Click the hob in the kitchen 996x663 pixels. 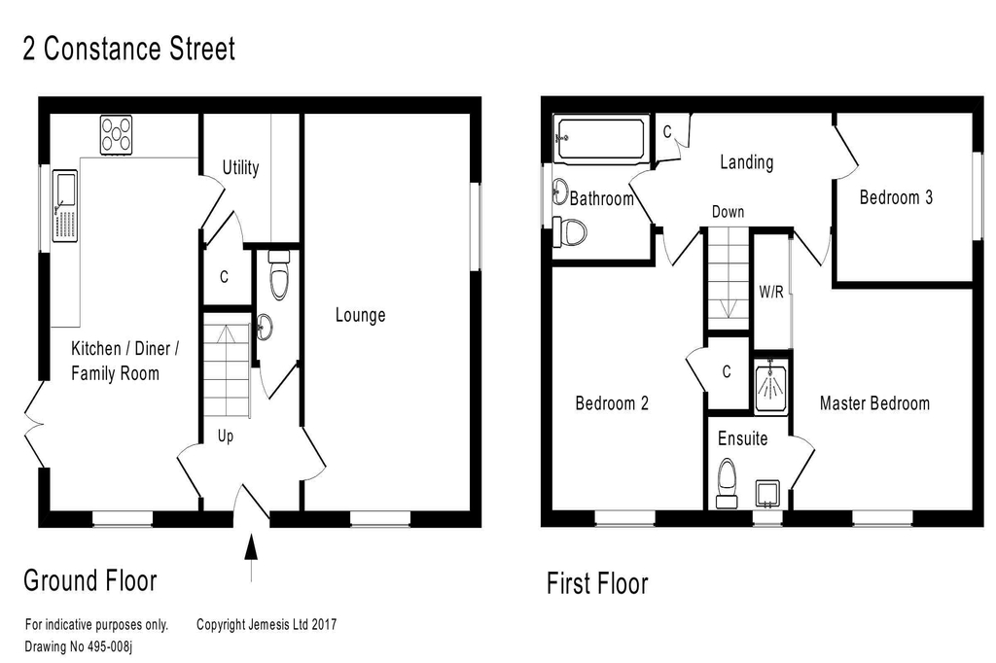tap(117, 134)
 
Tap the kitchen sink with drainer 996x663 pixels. tap(64, 206)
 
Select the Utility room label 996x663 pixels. tap(241, 167)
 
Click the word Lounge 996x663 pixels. tap(360, 315)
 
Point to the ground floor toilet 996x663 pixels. tap(279, 274)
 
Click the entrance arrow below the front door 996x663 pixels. tap(251, 558)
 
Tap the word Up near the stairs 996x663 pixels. tap(226, 436)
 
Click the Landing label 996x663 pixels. tap(746, 162)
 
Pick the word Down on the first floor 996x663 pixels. tap(728, 212)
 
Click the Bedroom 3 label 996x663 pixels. tap(896, 197)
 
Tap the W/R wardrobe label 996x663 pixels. tap(771, 292)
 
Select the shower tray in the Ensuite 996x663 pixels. tap(771, 387)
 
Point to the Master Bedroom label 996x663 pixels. tap(874, 403)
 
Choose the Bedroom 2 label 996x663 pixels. tap(612, 403)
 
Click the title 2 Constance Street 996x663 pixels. tap(129, 49)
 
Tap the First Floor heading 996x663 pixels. tap(598, 583)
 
